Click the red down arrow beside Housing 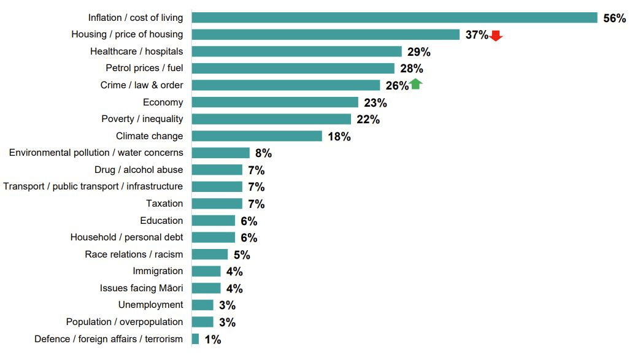coord(496,36)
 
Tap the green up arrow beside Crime coord(415,85)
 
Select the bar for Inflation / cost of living coord(395,18)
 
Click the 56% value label coord(614,18)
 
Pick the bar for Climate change coord(257,136)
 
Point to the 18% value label coord(339,137)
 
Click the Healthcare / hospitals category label coord(136,52)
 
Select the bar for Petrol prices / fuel coord(293,68)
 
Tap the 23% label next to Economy coord(376,103)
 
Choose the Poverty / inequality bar coord(271,119)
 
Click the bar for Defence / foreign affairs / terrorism coord(195,339)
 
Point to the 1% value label coord(212,339)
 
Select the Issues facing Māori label coord(141,288)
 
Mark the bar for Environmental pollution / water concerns coord(221,153)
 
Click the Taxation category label coord(164,204)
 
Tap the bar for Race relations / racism coord(210,254)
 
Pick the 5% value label coord(242,255)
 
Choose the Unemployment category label coord(150,305)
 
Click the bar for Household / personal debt coord(214,237)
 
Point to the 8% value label coord(263,153)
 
